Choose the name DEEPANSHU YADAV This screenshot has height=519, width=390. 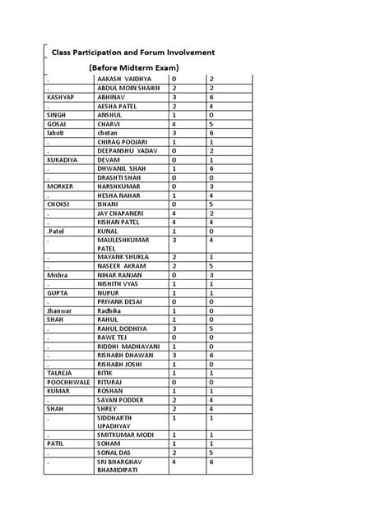click(x=127, y=151)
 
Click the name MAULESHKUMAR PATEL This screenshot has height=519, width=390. click(x=125, y=245)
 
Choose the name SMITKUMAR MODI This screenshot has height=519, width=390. click(x=130, y=434)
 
